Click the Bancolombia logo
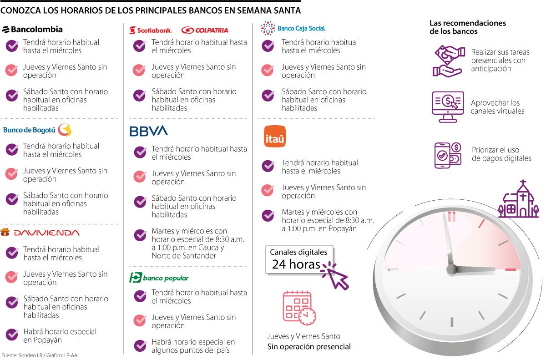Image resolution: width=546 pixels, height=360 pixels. [x=32, y=30]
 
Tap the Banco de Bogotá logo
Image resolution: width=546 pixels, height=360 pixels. [x=37, y=130]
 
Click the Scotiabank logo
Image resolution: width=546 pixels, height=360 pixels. [x=151, y=30]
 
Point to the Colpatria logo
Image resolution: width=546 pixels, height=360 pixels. [x=205, y=30]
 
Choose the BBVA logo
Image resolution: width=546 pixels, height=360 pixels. [x=149, y=131]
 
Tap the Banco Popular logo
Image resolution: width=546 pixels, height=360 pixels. [x=159, y=278]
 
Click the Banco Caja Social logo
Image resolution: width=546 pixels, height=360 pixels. [x=293, y=28]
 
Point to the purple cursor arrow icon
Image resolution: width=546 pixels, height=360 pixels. [x=335, y=275]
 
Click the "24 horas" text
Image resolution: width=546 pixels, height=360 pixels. [x=296, y=264]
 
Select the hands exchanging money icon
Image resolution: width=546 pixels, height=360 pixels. [x=448, y=61]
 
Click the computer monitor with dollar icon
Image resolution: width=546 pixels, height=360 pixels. [x=448, y=106]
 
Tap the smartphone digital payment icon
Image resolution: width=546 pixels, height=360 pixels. [x=448, y=155]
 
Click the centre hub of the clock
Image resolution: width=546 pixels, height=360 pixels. [x=452, y=269]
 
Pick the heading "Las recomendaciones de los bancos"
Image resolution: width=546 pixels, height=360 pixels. [x=468, y=27]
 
